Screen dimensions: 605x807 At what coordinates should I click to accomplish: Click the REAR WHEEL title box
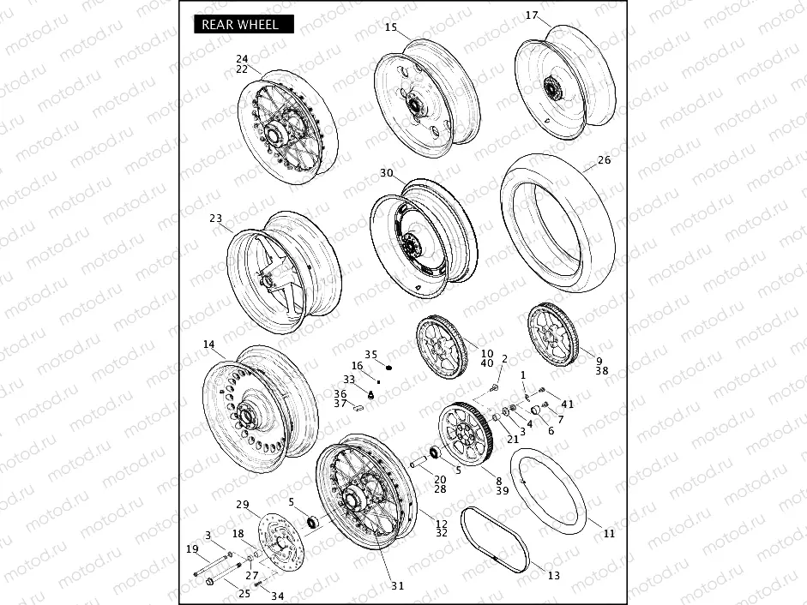pos(241,25)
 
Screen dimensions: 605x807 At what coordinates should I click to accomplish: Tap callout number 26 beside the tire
pos(604,160)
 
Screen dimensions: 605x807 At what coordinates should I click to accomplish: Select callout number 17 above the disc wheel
pos(532,15)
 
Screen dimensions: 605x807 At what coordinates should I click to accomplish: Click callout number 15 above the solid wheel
pos(390,27)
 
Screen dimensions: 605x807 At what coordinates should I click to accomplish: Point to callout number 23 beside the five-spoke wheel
pos(215,219)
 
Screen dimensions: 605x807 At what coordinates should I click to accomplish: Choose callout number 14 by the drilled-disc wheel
pos(209,344)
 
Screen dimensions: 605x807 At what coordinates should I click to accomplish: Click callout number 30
pos(387,173)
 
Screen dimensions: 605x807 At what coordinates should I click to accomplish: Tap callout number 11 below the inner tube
pos(609,534)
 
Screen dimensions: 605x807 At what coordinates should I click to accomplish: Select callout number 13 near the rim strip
pos(553,575)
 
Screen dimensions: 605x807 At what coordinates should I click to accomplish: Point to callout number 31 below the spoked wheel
pos(397,586)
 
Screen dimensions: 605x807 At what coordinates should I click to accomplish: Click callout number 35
pos(370,354)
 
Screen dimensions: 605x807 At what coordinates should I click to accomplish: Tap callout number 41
pos(567,404)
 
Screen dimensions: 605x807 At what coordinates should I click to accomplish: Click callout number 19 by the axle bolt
pos(192,548)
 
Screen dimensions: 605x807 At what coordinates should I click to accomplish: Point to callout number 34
pos(277,596)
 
